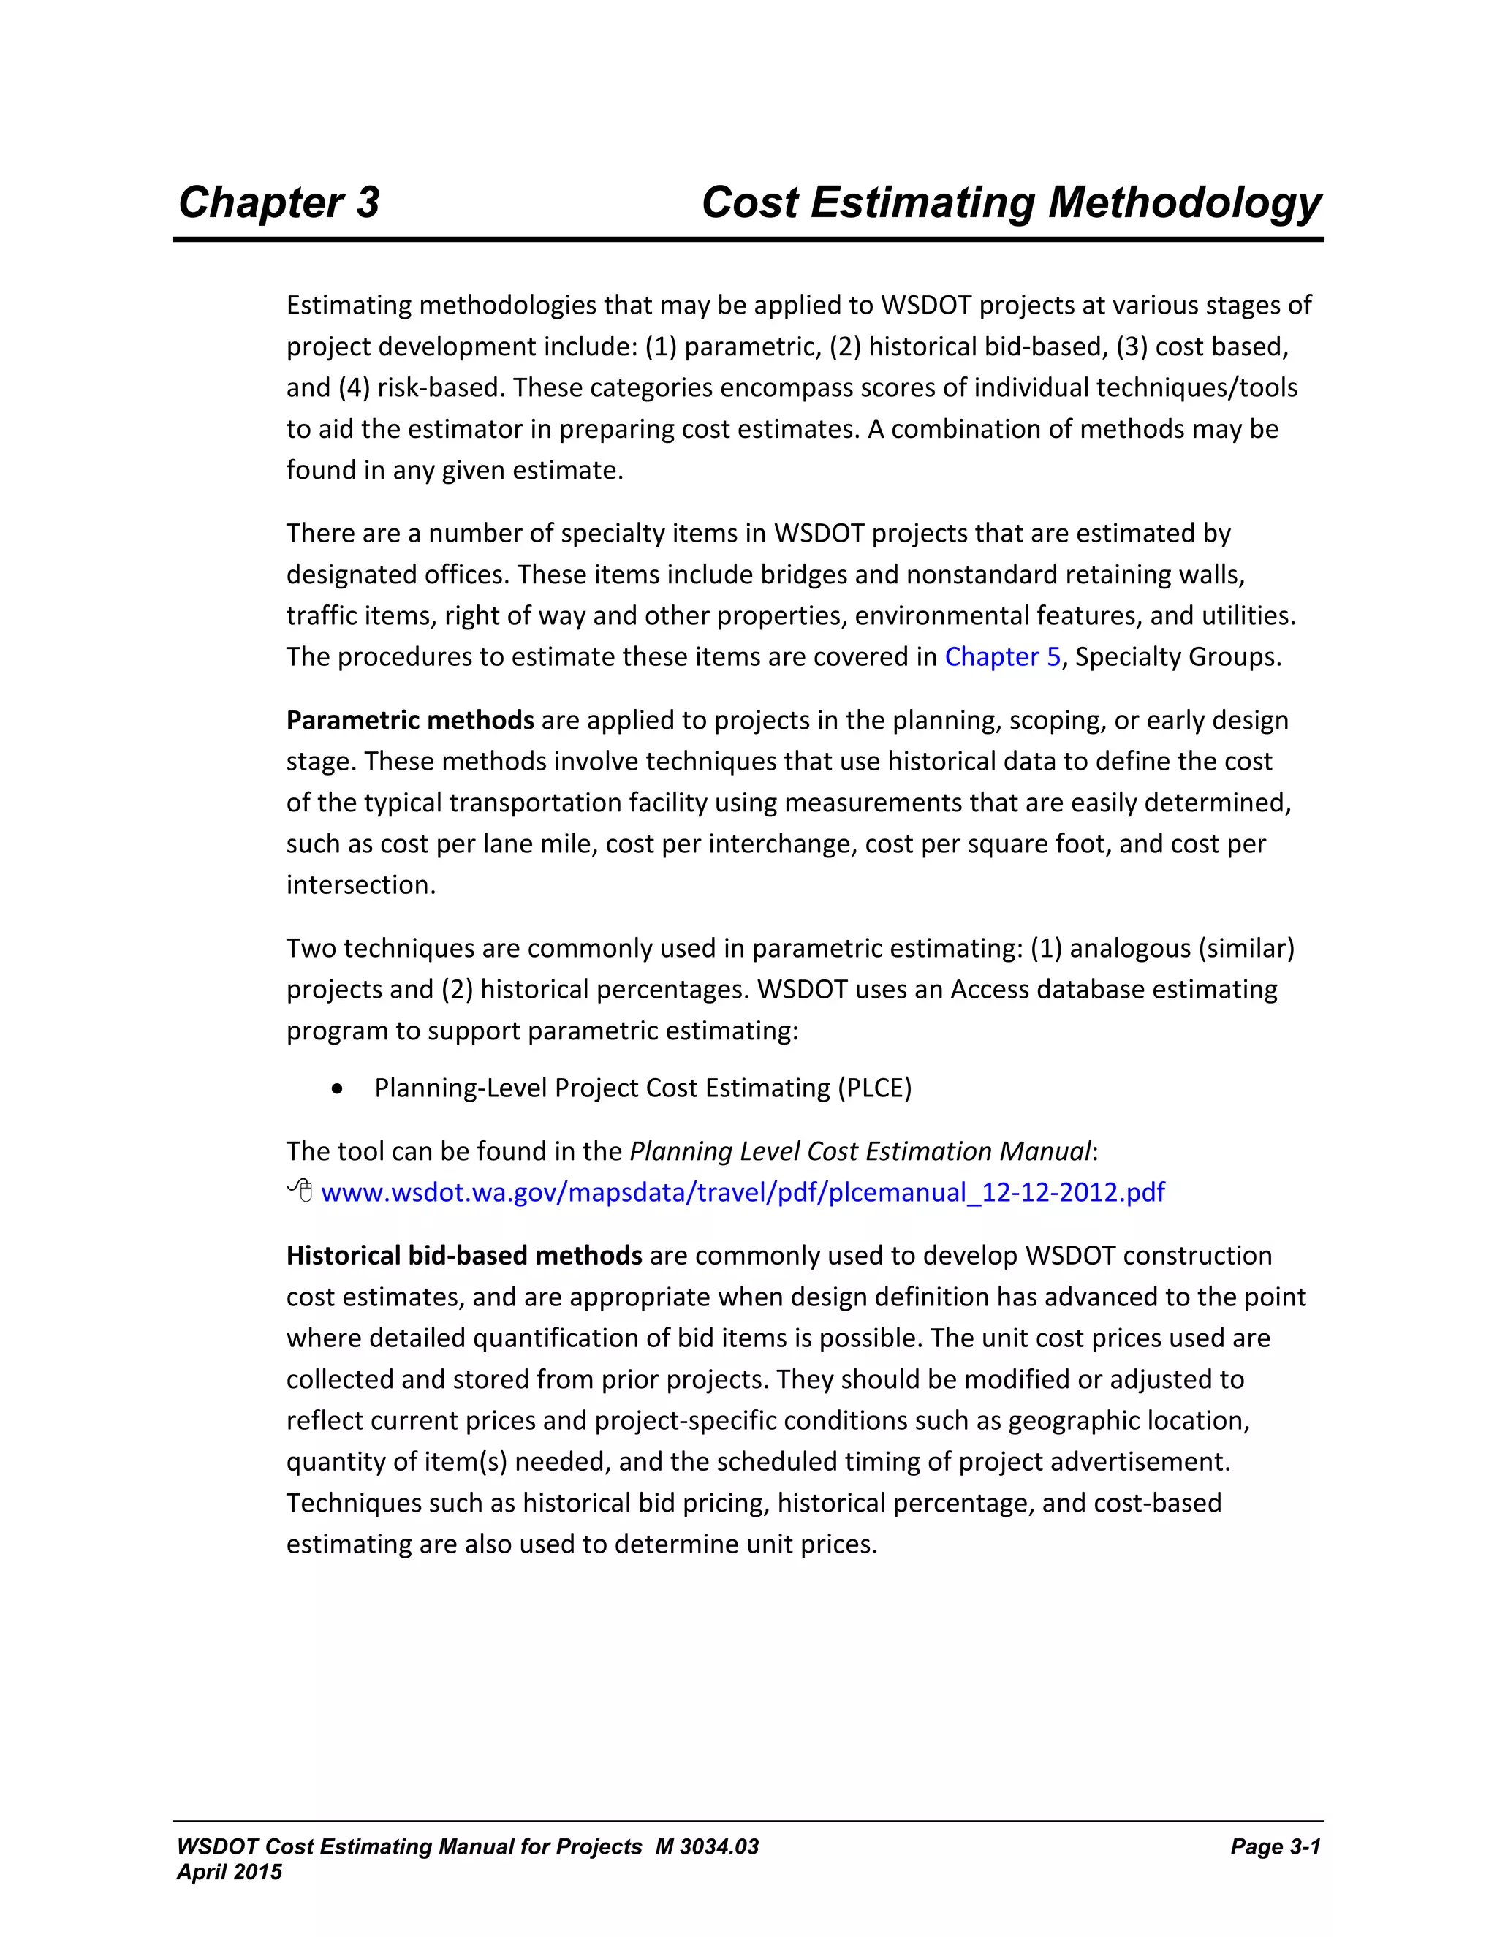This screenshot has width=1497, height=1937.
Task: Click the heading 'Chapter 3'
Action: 278,202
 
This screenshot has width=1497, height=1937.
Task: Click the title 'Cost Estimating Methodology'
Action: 1010,202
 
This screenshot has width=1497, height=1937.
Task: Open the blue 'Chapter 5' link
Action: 1002,657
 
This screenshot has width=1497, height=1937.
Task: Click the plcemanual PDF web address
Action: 743,1193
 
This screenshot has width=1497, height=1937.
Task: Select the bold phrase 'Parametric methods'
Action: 410,720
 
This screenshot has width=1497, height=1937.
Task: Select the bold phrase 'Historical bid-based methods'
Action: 464,1256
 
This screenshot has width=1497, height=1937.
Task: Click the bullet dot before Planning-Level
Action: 336,1089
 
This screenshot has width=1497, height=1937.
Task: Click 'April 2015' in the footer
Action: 229,1872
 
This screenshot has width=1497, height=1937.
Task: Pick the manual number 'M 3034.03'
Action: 707,1846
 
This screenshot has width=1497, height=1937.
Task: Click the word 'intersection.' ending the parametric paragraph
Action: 361,885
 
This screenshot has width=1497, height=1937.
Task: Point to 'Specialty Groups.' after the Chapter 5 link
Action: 1178,657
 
